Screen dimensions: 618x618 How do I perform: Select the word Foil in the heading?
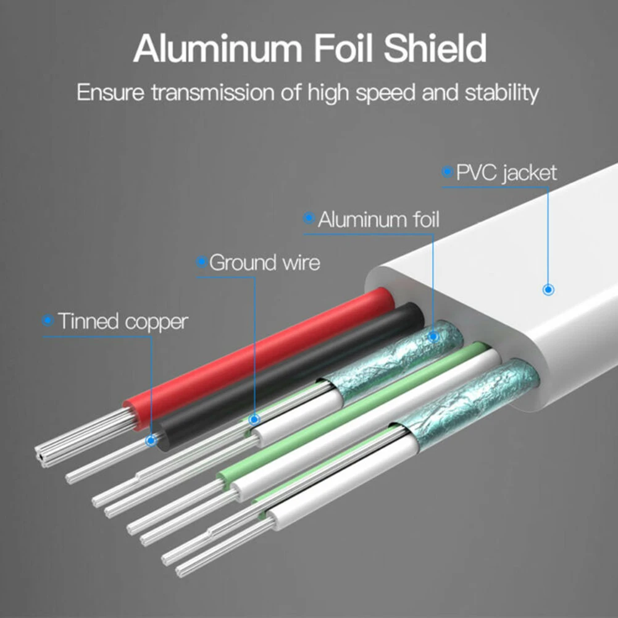click(345, 49)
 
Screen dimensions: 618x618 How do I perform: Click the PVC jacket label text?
click(506, 173)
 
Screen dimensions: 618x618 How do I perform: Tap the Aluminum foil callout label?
click(378, 219)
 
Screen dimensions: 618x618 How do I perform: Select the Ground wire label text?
click(264, 262)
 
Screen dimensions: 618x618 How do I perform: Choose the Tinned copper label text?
click(122, 321)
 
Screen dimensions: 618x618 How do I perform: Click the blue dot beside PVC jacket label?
click(446, 173)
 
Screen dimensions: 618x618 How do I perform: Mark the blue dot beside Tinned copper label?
click(48, 321)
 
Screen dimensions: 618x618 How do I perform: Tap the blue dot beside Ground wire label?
click(200, 262)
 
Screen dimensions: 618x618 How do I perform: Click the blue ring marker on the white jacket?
click(547, 289)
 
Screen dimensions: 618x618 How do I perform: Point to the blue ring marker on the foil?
click(433, 336)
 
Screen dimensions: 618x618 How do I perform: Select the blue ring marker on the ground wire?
click(254, 420)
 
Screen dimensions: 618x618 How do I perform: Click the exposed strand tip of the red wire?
click(43, 456)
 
